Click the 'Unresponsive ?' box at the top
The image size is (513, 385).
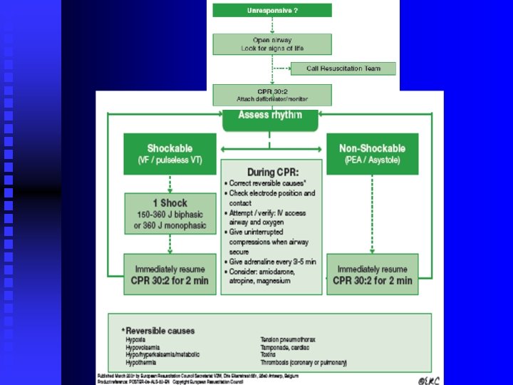coord(272,11)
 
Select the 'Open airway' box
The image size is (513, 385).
coord(272,43)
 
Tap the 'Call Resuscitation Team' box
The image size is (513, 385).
coord(343,68)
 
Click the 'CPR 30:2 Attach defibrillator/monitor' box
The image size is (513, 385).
coord(272,95)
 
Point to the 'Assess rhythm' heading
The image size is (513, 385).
coord(270,115)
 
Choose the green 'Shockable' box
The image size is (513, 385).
coord(170,153)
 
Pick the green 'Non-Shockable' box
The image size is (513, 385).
coord(372,153)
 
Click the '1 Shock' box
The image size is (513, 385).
coord(170,212)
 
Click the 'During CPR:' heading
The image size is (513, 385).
coord(273,173)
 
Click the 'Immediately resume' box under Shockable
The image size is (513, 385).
coord(170,274)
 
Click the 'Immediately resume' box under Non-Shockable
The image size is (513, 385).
coord(372,274)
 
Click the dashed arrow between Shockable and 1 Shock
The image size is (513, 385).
coord(170,184)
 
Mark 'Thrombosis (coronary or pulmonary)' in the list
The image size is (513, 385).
coord(304,362)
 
